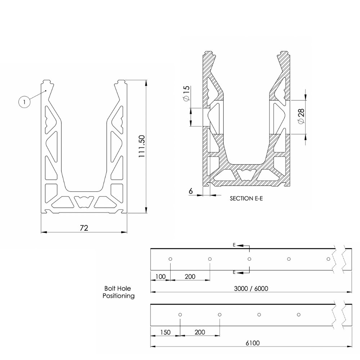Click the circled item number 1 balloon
(24, 102)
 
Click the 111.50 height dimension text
(141, 147)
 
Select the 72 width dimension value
(84, 228)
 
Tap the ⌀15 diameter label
(186, 94)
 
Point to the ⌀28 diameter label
(301, 116)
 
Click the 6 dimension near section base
(190, 191)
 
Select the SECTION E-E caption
(247, 198)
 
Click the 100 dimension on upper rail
(160, 276)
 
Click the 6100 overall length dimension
(252, 343)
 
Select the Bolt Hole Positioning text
(118, 292)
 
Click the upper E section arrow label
(234, 245)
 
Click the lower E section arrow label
(234, 273)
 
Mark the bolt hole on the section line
(249, 259)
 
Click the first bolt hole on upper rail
(170, 259)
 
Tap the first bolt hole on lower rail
(180, 315)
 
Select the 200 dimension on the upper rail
(190, 276)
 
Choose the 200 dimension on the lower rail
(199, 332)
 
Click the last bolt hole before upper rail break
(328, 259)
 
